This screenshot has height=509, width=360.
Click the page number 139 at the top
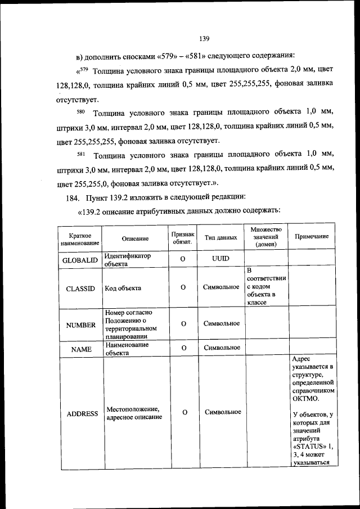point(204,39)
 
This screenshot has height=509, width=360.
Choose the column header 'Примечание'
point(312,237)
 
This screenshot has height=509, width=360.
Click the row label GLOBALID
point(82,259)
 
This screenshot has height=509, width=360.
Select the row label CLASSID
point(80,288)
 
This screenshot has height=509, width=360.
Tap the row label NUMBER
point(80,325)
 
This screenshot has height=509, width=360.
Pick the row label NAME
point(81,349)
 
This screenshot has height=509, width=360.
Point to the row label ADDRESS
point(82,413)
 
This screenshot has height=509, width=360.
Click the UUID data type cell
point(220,259)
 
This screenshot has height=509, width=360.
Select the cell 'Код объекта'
point(122,288)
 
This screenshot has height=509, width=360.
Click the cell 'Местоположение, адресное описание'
point(133,413)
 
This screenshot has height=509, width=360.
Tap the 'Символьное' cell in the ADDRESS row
point(223,412)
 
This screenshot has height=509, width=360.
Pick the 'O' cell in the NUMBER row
point(183,323)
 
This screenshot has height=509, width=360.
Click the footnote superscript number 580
point(80,111)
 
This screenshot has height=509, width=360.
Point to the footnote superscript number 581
point(80,153)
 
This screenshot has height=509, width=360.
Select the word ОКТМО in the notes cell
point(306,399)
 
